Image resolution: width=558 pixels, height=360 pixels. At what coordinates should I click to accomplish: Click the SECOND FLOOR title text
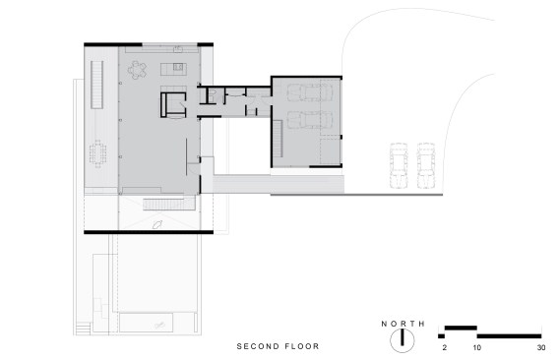(x=278, y=346)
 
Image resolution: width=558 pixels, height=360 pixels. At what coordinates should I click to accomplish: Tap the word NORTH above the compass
(x=403, y=324)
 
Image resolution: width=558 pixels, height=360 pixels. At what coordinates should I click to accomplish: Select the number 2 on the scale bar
(x=444, y=348)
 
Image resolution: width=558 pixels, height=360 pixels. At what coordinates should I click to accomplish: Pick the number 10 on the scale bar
(x=477, y=348)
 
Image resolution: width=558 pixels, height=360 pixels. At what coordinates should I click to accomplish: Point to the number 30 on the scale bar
(x=541, y=348)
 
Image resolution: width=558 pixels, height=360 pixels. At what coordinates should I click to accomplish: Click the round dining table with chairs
(x=137, y=70)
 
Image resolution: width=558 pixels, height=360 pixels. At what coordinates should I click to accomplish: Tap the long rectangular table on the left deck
(x=97, y=153)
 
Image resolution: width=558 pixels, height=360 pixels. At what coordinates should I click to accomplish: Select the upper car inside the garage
(x=310, y=92)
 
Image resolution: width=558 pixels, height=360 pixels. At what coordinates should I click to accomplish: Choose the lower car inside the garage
(x=310, y=120)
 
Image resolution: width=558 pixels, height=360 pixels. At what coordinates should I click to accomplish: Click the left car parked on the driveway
(x=399, y=165)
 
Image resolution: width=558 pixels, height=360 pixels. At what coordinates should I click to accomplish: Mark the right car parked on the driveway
(x=426, y=165)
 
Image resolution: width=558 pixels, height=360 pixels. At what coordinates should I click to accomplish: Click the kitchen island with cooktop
(x=173, y=69)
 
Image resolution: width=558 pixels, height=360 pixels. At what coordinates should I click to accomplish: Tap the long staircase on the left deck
(x=97, y=85)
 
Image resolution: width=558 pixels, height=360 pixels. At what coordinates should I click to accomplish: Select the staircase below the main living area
(x=169, y=205)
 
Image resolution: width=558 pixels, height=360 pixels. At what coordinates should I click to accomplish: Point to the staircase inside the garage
(x=278, y=139)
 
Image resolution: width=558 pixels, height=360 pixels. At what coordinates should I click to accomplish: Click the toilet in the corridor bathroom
(x=213, y=94)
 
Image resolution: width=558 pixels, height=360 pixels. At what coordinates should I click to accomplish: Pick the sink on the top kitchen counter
(x=178, y=49)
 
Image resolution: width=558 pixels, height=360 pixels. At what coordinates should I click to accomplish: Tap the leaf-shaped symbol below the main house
(x=156, y=224)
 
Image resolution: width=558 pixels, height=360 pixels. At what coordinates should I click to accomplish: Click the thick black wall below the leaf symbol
(x=149, y=232)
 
